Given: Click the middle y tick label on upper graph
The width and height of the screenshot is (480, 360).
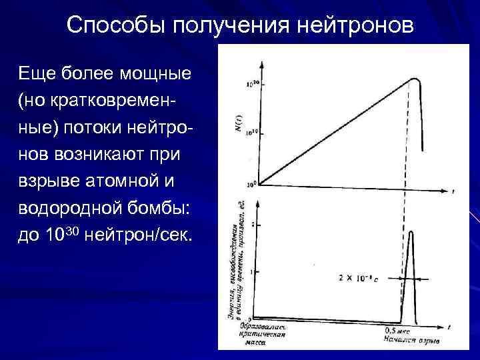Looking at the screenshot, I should pyautogui.click(x=252, y=133).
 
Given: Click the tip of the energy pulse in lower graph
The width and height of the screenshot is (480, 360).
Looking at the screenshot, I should pyautogui.click(x=410, y=232).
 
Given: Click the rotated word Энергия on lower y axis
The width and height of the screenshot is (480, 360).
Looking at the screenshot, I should pyautogui.click(x=234, y=307).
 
